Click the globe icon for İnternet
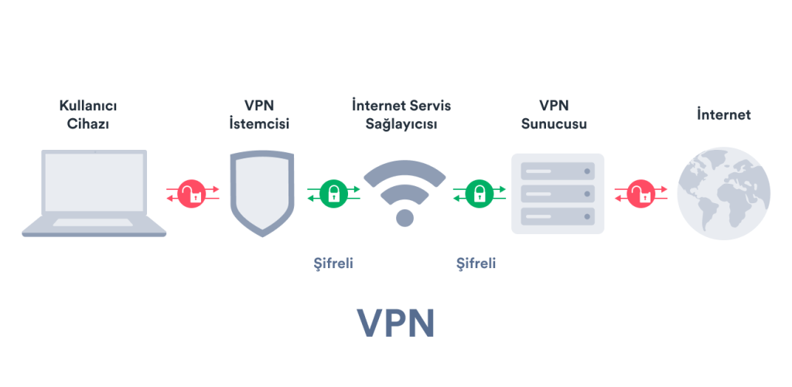[x=723, y=193]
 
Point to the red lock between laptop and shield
[x=193, y=193]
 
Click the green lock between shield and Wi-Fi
[x=333, y=193]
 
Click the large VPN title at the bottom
[x=395, y=324]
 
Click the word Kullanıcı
[x=93, y=105]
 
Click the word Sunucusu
[x=554, y=124]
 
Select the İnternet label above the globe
[x=723, y=114]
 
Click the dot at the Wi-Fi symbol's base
[x=405, y=217]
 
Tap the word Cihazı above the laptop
[x=93, y=124]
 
